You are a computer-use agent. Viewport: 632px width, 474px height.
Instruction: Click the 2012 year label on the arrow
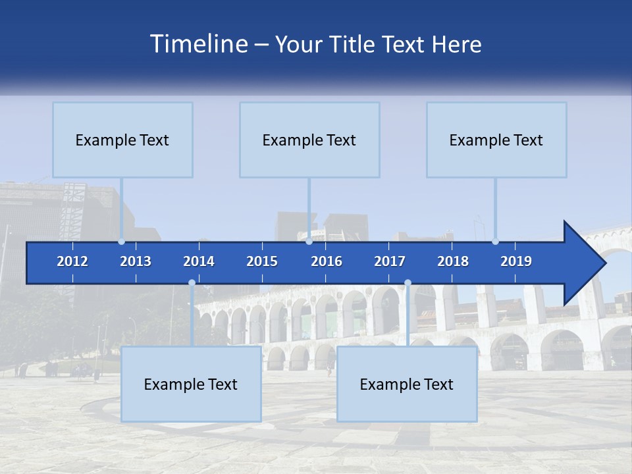click(72, 261)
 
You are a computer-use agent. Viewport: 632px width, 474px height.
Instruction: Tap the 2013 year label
click(136, 261)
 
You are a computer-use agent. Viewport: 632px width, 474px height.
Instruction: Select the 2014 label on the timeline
click(199, 261)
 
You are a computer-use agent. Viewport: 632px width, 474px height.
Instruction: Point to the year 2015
click(262, 261)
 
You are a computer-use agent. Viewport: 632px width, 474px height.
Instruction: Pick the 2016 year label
click(327, 261)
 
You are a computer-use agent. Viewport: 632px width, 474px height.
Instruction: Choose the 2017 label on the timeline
click(390, 261)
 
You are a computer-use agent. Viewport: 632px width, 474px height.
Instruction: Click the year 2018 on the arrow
click(453, 261)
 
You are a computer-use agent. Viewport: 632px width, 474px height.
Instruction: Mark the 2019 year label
click(516, 261)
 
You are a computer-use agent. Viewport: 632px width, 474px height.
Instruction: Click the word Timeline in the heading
click(197, 44)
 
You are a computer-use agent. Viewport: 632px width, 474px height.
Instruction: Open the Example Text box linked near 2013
click(122, 140)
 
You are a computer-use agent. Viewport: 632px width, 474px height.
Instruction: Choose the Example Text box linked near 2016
click(309, 140)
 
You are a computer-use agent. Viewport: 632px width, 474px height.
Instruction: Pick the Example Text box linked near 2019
click(496, 140)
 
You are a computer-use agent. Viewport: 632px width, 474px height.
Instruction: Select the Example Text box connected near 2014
click(191, 384)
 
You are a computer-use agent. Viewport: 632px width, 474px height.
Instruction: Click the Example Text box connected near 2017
click(407, 384)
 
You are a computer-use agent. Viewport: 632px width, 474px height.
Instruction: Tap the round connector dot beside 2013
click(122, 242)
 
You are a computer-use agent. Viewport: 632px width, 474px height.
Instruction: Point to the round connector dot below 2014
click(192, 283)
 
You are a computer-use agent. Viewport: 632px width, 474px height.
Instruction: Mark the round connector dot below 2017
click(408, 283)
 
